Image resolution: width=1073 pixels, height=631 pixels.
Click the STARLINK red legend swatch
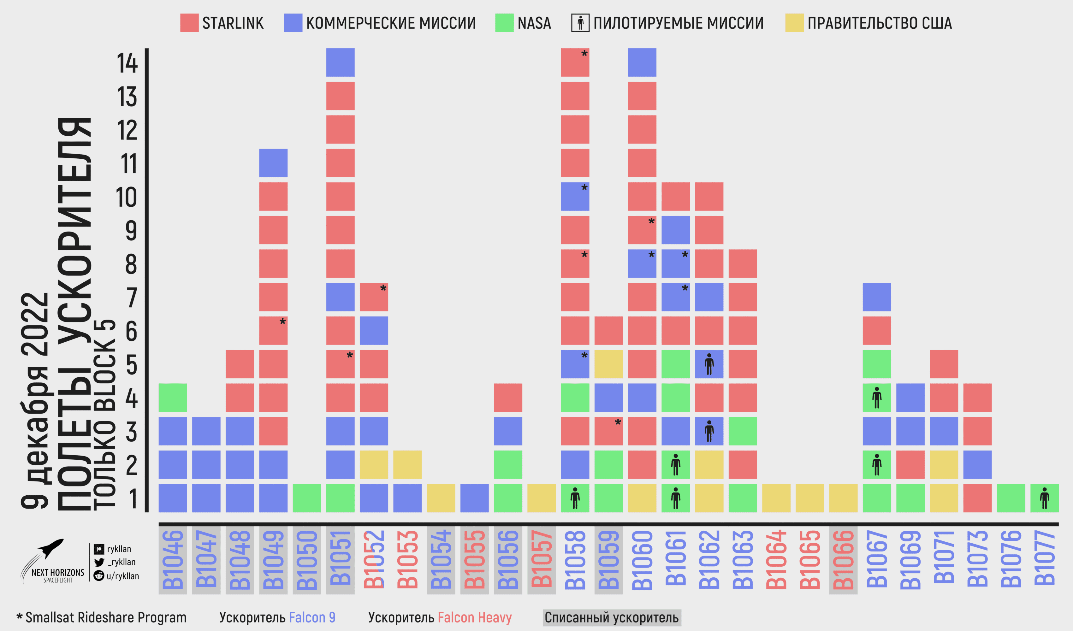click(x=189, y=23)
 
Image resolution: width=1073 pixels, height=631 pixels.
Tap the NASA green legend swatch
click(x=504, y=23)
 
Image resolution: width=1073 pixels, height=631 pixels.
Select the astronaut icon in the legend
click(x=580, y=23)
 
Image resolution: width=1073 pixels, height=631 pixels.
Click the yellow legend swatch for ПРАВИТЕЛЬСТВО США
click(x=794, y=23)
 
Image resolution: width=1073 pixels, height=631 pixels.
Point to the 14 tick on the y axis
click(x=127, y=63)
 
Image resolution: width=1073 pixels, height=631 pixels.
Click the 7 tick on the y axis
click(x=132, y=297)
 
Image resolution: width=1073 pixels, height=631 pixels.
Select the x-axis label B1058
click(x=575, y=559)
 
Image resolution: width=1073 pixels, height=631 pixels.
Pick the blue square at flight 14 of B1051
click(x=340, y=62)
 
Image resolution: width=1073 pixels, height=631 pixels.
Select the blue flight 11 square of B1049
click(x=273, y=163)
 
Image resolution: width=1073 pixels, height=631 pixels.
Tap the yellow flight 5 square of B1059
click(x=608, y=364)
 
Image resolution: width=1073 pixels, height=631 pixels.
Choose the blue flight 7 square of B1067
click(x=877, y=297)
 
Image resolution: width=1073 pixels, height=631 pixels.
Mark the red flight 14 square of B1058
click(x=575, y=62)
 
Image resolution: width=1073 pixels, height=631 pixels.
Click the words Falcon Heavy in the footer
click(x=474, y=617)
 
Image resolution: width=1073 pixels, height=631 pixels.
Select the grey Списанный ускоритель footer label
click(x=611, y=617)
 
